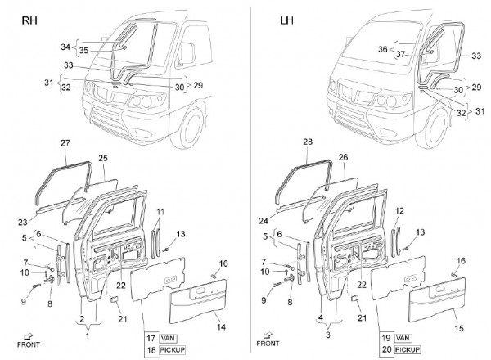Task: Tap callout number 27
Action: coord(65,143)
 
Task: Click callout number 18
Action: coord(151,349)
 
